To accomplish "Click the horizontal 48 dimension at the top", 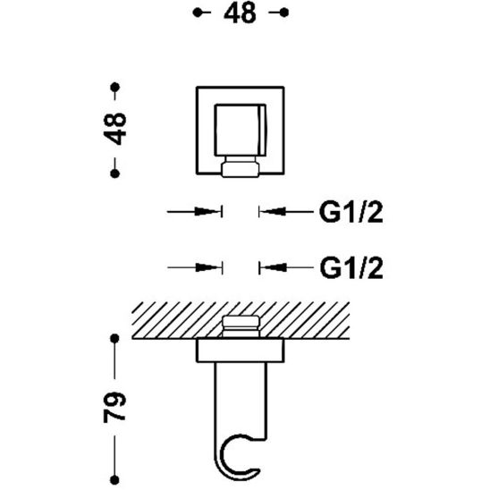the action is (240, 13).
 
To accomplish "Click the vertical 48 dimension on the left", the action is (114, 129).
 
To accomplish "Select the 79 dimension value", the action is (114, 407).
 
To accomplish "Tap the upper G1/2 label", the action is (351, 212).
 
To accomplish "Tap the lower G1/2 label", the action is (351, 268).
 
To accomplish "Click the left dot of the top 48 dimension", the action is (198, 13).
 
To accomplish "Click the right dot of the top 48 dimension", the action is (283, 13).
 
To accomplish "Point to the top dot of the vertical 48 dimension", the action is (115, 87).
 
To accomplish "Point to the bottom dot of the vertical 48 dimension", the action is (115, 173).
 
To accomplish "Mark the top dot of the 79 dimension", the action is (115, 338).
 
